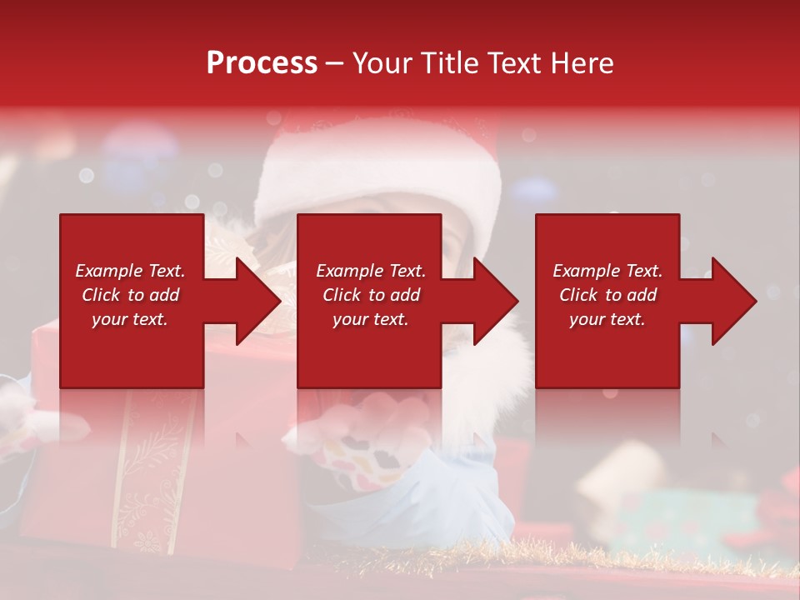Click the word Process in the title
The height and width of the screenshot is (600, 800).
pyautogui.click(x=262, y=63)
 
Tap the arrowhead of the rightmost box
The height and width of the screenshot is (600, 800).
pyautogui.click(x=732, y=301)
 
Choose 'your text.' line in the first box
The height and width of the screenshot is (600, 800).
pyautogui.click(x=130, y=319)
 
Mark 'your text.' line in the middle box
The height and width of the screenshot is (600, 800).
pyautogui.click(x=370, y=319)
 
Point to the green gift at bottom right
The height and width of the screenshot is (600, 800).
pyautogui.click(x=675, y=517)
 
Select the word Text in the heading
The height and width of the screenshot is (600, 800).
pyautogui.click(x=510, y=63)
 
